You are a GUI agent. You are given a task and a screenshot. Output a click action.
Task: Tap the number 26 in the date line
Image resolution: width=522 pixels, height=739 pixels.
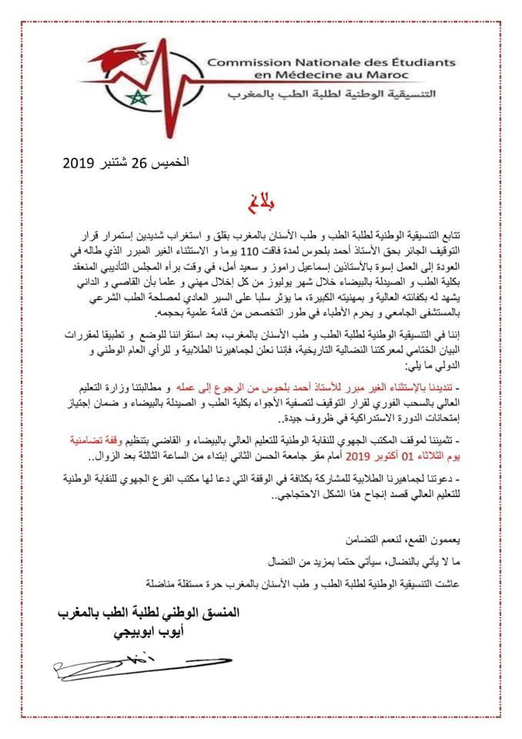click(139, 163)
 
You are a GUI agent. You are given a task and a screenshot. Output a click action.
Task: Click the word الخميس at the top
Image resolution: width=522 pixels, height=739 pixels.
click(170, 163)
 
